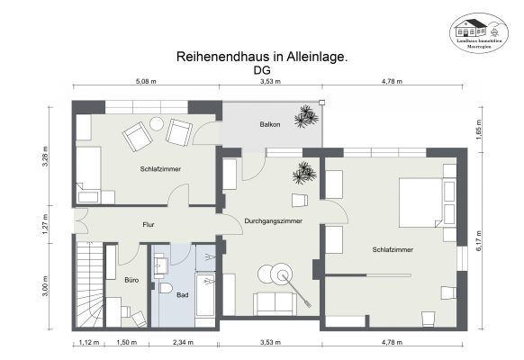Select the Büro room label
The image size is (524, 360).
tap(131, 280)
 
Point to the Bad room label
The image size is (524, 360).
tap(183, 294)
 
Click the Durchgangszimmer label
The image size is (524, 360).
tap(273, 220)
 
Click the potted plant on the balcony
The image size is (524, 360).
tap(307, 116)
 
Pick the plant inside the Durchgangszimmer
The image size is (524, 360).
tap(304, 173)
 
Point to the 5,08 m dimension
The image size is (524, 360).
tap(146, 81)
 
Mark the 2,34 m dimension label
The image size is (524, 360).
tap(184, 343)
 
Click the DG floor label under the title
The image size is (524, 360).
tap(262, 68)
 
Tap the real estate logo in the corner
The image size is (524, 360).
tap(478, 33)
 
